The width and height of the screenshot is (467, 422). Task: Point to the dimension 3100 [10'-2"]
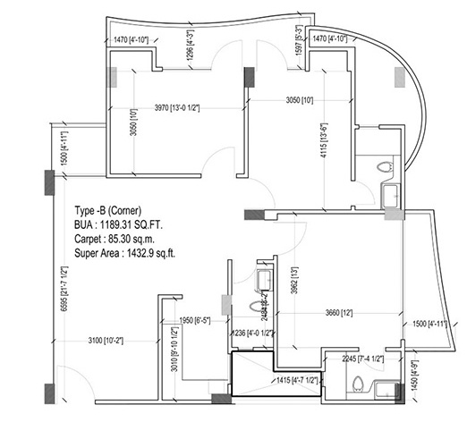pyautogui.click(x=107, y=340)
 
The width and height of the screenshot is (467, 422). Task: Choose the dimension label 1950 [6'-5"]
pyautogui.click(x=195, y=320)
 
